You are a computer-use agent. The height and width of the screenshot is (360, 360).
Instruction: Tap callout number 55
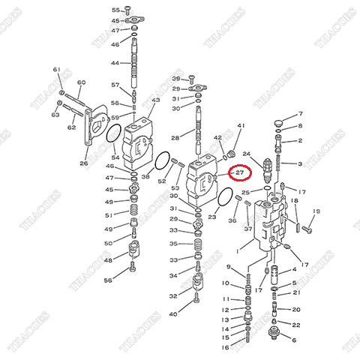115,10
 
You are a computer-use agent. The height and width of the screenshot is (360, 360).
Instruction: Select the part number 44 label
115,63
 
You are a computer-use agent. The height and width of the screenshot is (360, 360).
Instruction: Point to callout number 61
56,70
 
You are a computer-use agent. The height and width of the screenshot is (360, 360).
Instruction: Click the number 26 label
83,163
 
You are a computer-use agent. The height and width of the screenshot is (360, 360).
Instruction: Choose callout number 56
108,280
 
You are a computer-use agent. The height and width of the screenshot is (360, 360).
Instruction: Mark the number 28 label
174,138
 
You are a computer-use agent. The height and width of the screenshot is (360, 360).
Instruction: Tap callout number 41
241,125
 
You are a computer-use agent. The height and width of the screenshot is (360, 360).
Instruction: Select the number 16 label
225,347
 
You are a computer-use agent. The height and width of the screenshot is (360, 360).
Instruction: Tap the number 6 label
294,340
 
